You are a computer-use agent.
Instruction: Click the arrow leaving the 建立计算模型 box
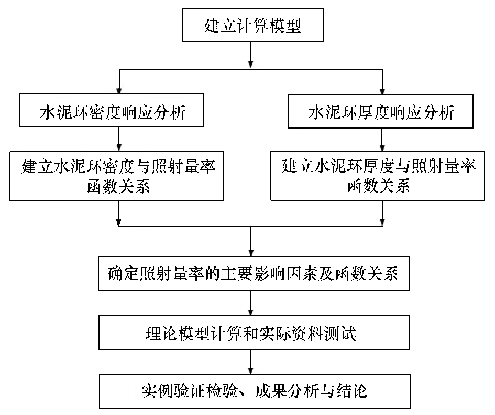[x=251, y=55]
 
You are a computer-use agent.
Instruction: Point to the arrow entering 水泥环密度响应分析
[x=119, y=81]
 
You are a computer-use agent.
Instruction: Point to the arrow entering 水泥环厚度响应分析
[x=382, y=82]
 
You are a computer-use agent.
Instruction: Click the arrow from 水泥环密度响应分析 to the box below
[x=119, y=139]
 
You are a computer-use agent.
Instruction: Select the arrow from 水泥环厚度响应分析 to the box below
[x=382, y=140]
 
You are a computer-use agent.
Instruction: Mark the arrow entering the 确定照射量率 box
[x=251, y=241]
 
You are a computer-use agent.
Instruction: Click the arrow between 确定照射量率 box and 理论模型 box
[x=251, y=303]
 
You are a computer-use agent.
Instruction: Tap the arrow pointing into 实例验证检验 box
[x=251, y=361]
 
